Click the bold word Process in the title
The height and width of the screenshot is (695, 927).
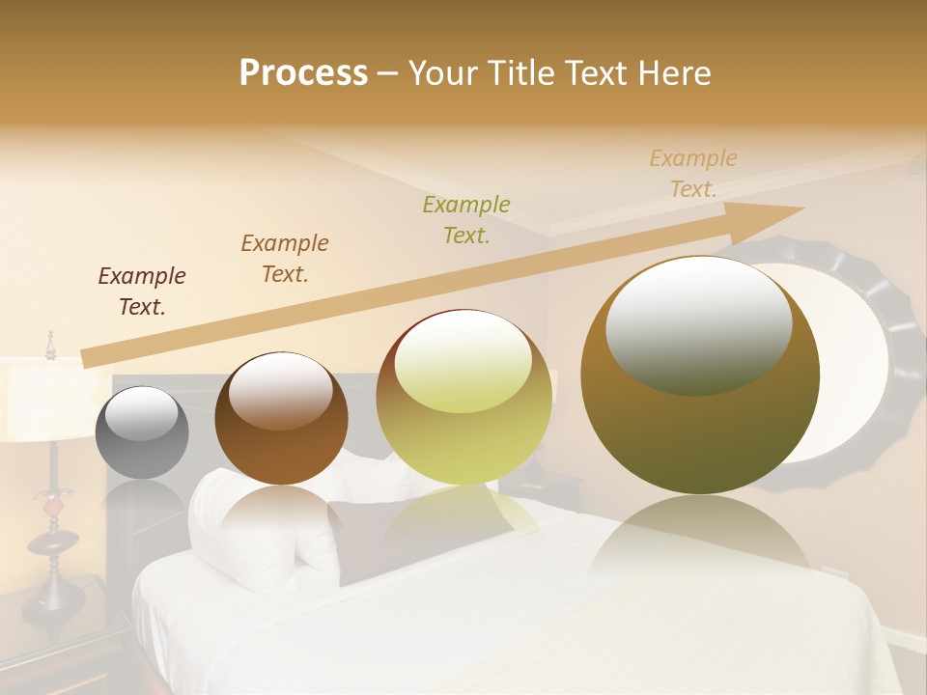coord(303,73)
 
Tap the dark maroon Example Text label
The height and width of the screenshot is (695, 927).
coord(141,292)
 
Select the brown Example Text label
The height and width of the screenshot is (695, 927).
coord(284,259)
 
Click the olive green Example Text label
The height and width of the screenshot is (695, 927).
coord(466,220)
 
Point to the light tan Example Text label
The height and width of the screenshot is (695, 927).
coord(692,174)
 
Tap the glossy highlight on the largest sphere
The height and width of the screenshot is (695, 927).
coord(698,323)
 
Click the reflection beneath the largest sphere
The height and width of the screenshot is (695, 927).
coord(700,541)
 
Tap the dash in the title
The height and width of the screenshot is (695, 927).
coord(387,73)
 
